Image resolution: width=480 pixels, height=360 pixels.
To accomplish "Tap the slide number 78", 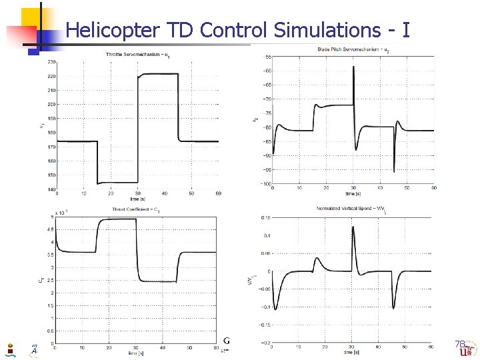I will tap(459, 344).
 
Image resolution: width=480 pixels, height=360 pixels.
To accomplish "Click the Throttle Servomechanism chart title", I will tap(137, 53).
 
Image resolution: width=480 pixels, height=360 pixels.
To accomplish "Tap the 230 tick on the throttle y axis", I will tap(51, 62).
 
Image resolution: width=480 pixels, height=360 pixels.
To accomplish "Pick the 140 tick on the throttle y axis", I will tap(51, 189).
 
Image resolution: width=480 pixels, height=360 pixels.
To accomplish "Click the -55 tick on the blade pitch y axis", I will tap(267, 57).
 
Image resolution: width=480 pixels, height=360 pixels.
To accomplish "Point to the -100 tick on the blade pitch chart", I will tap(265, 183).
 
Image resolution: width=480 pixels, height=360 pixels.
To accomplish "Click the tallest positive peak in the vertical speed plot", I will tap(353, 227).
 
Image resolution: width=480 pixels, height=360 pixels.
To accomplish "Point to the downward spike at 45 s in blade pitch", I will tap(394, 172).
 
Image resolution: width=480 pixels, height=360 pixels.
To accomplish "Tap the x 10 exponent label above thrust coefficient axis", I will tap(62, 213).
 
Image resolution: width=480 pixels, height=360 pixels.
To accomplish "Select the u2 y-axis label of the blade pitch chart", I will tap(254, 120).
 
